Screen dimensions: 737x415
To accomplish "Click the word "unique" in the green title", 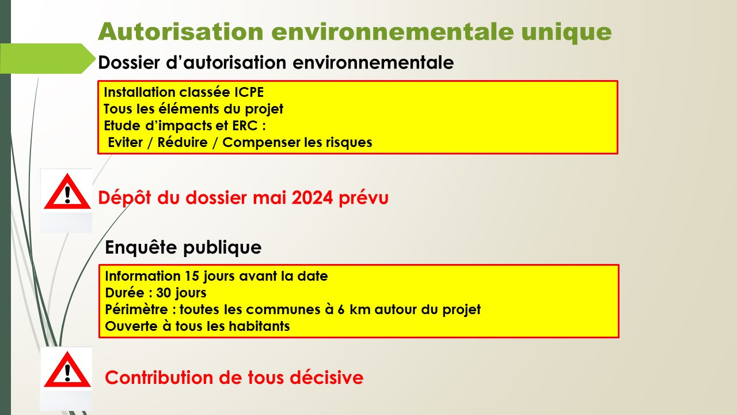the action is (566, 32).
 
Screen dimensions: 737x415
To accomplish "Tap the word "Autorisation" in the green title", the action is (181, 31).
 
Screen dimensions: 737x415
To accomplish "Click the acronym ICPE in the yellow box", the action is (249, 92).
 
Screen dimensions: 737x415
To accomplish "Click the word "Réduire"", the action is (183, 142).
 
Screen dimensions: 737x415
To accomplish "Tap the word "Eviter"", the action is (126, 142).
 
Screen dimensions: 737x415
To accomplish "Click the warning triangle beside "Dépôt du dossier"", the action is (67, 191).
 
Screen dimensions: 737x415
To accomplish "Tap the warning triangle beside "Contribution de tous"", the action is (67, 369).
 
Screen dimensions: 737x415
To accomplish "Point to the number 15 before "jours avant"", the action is (191, 276).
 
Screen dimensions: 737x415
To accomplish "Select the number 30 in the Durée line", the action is (163, 293).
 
